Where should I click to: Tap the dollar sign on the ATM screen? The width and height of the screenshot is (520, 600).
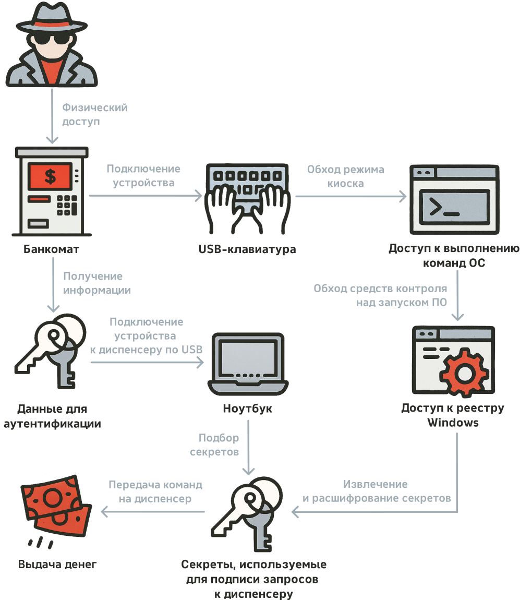coord(50,176)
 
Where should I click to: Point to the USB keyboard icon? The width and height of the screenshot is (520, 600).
coord(247,198)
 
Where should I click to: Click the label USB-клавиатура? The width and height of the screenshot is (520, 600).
coord(247,249)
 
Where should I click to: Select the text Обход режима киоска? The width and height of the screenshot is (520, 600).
coord(345,176)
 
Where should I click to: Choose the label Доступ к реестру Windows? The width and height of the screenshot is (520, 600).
coord(453,415)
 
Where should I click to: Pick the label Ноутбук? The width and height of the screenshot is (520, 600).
coord(247,409)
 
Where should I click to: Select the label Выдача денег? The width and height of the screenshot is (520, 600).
coord(57,565)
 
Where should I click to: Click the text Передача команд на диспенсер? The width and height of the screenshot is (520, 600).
coord(155,491)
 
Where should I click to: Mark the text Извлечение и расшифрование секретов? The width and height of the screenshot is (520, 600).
coord(377,491)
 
